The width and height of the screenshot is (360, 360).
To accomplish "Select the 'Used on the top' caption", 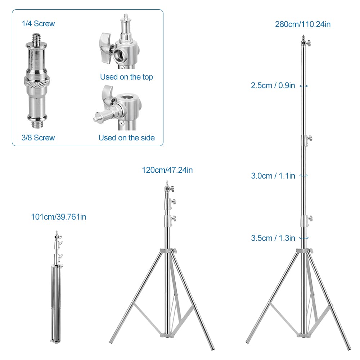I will [x=126, y=77].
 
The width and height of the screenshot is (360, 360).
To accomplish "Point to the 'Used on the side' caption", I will [x=126, y=138].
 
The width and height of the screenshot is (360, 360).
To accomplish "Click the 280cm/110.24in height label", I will [x=303, y=24].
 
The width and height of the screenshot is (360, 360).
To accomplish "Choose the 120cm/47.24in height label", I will [x=167, y=170].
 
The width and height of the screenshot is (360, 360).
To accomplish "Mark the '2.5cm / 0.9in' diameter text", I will [x=273, y=86].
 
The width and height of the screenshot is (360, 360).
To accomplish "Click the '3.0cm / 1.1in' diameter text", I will [x=273, y=176].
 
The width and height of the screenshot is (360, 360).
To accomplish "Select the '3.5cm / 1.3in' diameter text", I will [x=273, y=238].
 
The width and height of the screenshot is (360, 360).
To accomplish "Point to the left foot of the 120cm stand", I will [x=112, y=340].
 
